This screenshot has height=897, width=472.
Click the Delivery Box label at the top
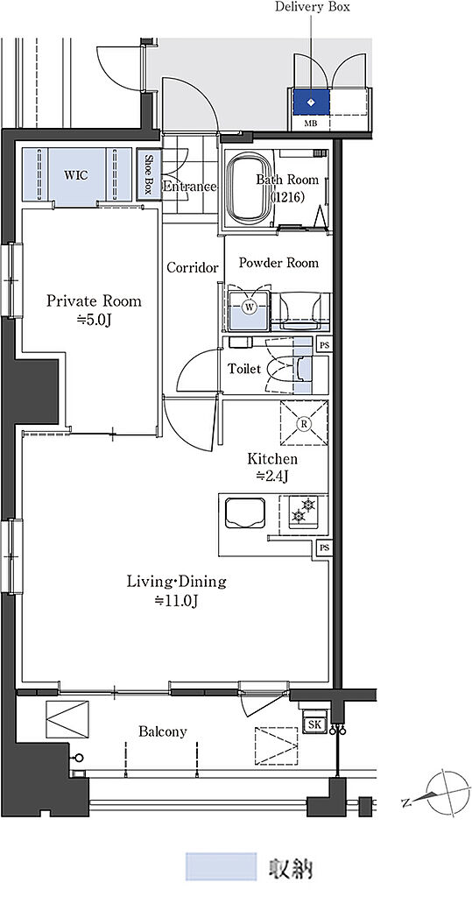click(312, 7)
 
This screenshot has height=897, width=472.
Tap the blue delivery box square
click(311, 102)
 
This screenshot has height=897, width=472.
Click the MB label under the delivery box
click(307, 123)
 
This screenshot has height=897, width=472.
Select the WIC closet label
click(76, 175)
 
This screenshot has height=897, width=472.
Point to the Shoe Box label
click(149, 174)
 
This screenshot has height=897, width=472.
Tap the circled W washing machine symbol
click(250, 307)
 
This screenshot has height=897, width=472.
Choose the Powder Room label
click(278, 263)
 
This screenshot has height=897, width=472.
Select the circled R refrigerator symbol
click(305, 424)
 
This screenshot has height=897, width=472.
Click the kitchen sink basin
click(245, 512)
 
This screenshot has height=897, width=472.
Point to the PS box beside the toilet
click(324, 345)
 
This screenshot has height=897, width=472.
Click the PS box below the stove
click(324, 548)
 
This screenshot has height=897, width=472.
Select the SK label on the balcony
click(314, 724)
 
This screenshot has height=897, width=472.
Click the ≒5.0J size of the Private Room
click(94, 321)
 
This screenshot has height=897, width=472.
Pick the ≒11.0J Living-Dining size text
click(176, 601)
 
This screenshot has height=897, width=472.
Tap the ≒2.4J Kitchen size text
click(271, 477)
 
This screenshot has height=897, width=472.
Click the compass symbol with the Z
click(443, 792)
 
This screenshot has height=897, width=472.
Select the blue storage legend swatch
click(221, 866)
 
